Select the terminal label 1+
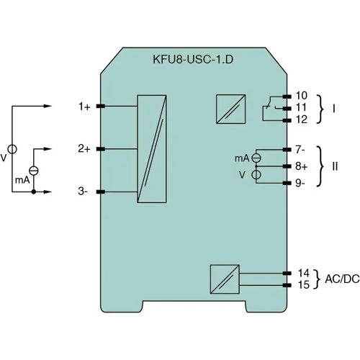coord(84,107)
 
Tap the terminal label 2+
coord(84,149)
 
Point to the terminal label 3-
coord(84,192)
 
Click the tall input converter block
coord(154,149)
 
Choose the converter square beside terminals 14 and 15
coord(222,279)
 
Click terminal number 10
coord(302,95)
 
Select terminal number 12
coord(302,119)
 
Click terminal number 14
coord(303,273)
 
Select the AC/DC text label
coord(342,279)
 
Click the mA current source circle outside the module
coord(33,171)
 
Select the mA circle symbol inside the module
coord(255,157)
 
